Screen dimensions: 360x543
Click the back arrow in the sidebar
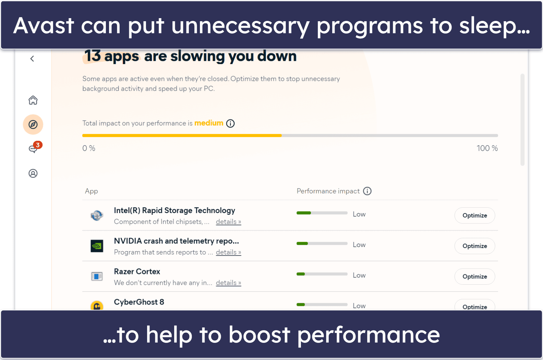[32, 59]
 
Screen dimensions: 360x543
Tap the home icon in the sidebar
[33, 100]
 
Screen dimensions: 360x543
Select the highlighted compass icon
[33, 124]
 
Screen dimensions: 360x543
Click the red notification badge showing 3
[38, 145]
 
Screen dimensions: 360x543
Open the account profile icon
[33, 173]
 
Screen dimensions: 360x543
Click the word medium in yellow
[208, 123]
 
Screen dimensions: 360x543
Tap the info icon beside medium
[230, 123]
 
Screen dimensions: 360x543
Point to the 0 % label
[89, 148]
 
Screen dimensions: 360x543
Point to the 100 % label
[487, 148]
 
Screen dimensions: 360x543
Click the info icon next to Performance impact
[367, 191]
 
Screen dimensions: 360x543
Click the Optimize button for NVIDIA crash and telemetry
[474, 246]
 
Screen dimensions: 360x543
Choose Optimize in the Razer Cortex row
[474, 276]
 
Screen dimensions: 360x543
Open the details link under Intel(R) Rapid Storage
[228, 222]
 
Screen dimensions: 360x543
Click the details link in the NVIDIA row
[228, 252]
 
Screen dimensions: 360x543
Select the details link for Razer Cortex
[228, 283]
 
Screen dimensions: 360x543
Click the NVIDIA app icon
[97, 246]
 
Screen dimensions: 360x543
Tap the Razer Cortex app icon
[97, 276]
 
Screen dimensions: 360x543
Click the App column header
[92, 191]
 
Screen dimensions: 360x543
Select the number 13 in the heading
[93, 56]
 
